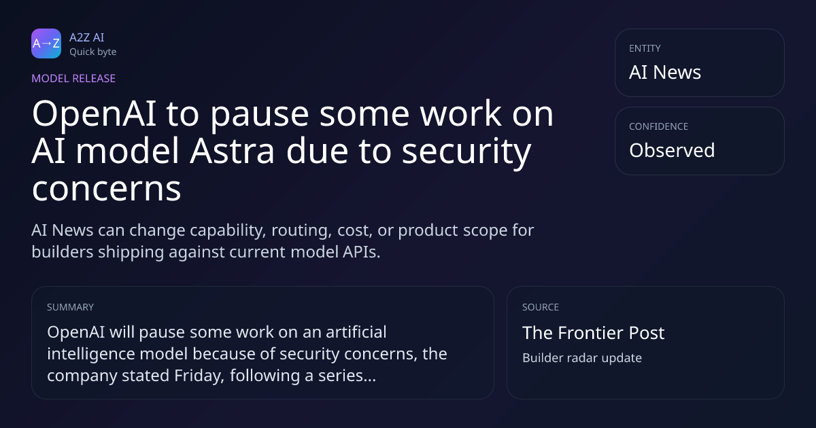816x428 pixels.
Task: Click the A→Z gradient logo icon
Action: coord(46,43)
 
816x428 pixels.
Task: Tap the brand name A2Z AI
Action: coord(87,37)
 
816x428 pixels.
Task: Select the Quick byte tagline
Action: coord(93,52)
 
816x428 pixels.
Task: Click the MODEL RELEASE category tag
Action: coord(73,78)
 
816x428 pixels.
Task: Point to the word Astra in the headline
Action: coord(232,151)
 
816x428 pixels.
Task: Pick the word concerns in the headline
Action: coord(106,189)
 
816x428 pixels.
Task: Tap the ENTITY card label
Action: coord(645,48)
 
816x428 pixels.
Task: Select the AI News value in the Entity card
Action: coord(665,72)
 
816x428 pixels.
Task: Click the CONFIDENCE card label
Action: coord(659,126)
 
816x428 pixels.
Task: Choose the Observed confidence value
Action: coord(672,150)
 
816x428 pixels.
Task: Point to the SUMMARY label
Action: coord(70,307)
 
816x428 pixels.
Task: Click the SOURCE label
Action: coord(541,307)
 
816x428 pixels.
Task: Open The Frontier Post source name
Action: coord(594,333)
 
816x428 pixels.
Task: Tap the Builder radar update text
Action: coord(582,358)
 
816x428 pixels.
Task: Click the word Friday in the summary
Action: coord(199,376)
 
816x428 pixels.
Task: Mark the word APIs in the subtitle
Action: coord(361,252)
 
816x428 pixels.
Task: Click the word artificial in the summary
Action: coord(356,332)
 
